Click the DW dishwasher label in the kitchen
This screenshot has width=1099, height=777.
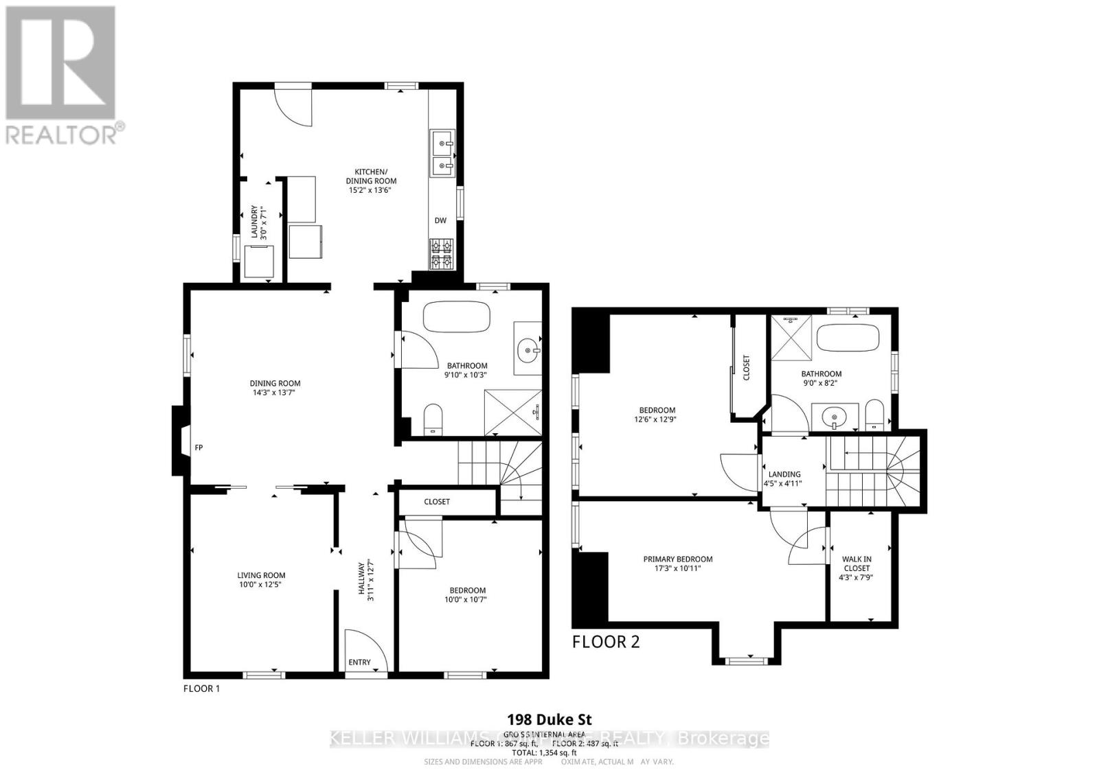tap(440, 220)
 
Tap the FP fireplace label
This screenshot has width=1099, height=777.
tap(199, 448)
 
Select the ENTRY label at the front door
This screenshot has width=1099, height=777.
tap(359, 662)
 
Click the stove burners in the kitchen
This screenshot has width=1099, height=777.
tap(440, 253)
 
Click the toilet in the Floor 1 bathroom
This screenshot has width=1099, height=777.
tap(433, 419)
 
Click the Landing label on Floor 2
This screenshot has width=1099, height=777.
tap(784, 474)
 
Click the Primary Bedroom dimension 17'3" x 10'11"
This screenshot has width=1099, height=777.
tap(677, 568)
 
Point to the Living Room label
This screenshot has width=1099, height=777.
tap(261, 576)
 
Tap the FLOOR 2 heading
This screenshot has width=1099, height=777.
tap(606, 642)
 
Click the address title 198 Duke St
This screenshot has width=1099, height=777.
tap(549, 720)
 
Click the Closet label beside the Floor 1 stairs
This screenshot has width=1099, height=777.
tap(437, 502)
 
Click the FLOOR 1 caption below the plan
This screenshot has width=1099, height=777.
tap(201, 688)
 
